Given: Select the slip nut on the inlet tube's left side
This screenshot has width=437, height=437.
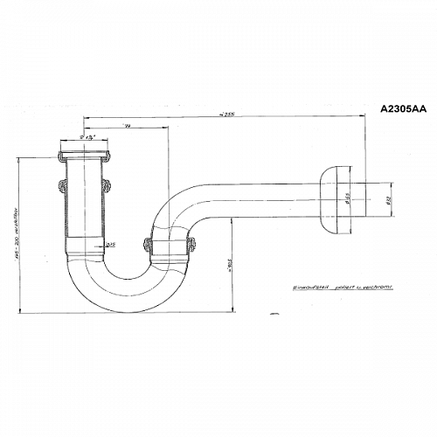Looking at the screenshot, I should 59,185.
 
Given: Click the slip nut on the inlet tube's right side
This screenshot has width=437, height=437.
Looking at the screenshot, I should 108,185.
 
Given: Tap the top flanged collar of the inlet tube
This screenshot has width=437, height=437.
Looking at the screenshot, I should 84,156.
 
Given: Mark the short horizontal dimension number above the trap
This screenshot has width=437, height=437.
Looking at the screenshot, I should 128,127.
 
